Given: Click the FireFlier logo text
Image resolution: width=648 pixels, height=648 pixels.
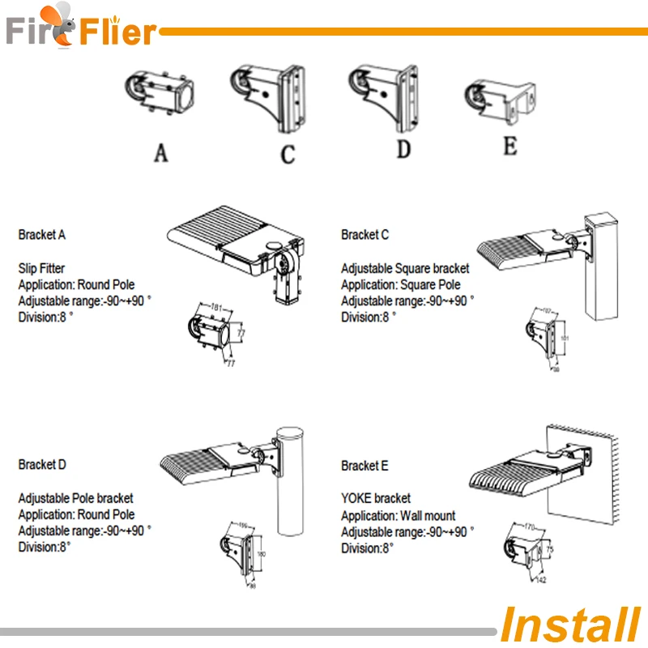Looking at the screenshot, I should tap(81, 31).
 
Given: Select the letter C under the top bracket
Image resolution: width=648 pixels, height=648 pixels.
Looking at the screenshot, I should tap(288, 153).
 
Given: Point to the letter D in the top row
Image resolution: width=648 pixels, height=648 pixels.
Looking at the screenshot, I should tap(403, 151).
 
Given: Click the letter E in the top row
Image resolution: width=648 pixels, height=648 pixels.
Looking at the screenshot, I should tap(510, 147).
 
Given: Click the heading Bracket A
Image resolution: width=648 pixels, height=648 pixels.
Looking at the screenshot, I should tap(42, 235).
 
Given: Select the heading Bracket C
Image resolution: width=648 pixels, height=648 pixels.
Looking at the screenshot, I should tap(365, 235).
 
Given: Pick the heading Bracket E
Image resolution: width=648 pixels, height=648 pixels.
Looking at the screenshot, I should tap(365, 466).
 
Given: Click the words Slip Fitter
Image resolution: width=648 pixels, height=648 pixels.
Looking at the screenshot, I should tap(41, 267).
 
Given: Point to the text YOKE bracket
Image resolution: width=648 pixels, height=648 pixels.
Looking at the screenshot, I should tap(376, 498).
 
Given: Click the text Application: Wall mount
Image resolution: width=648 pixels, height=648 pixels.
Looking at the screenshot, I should tap(399, 515).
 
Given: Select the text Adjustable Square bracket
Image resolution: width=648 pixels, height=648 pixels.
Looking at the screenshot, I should tap(405, 268).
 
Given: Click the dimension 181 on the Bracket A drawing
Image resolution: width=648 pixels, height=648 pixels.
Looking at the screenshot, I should tap(217, 308).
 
